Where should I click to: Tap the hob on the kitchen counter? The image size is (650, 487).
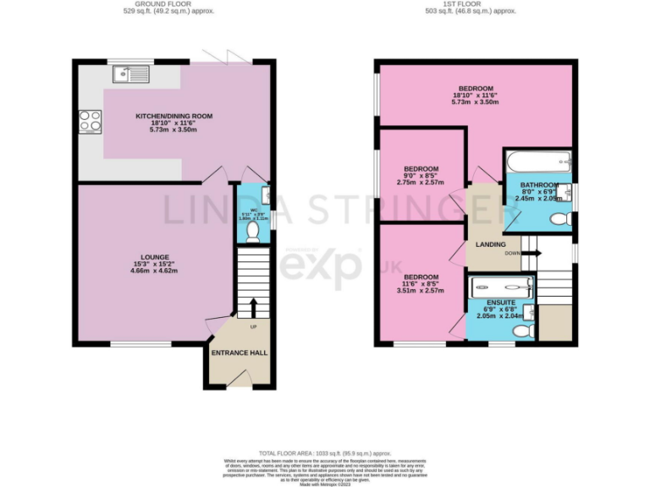[89, 123]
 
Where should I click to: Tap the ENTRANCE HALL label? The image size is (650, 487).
[240, 352]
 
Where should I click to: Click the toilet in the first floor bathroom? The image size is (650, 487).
[559, 219]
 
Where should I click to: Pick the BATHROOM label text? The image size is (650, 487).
[539, 185]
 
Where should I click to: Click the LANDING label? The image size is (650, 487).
[491, 245]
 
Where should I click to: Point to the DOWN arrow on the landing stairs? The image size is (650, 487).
[530, 252]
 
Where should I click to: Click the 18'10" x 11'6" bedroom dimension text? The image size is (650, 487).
[476, 96]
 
